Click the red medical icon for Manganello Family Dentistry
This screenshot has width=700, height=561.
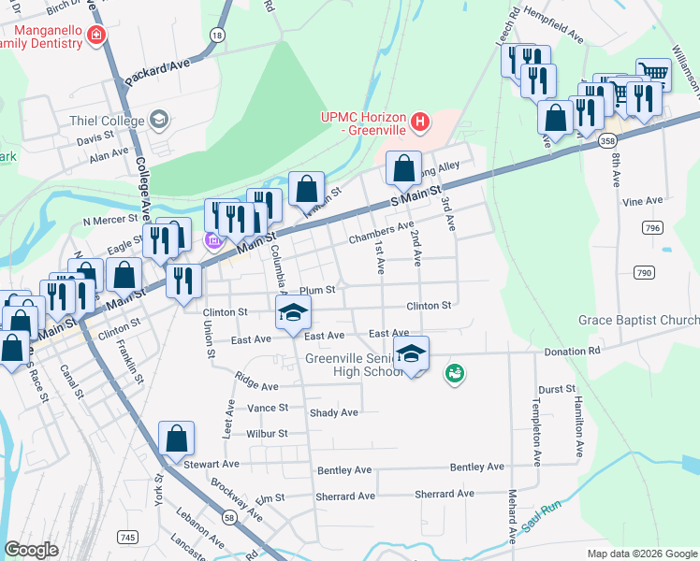(95, 36)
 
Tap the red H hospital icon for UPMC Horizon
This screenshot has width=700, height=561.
(420, 122)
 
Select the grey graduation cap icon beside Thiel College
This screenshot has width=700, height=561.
(159, 120)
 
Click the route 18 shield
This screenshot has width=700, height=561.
(217, 35)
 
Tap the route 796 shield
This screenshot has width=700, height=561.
(652, 227)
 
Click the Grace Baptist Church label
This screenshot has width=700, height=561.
(638, 321)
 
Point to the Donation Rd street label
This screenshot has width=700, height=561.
(573, 352)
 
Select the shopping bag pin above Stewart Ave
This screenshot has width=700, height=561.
(176, 439)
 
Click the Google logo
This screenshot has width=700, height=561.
(31, 550)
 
